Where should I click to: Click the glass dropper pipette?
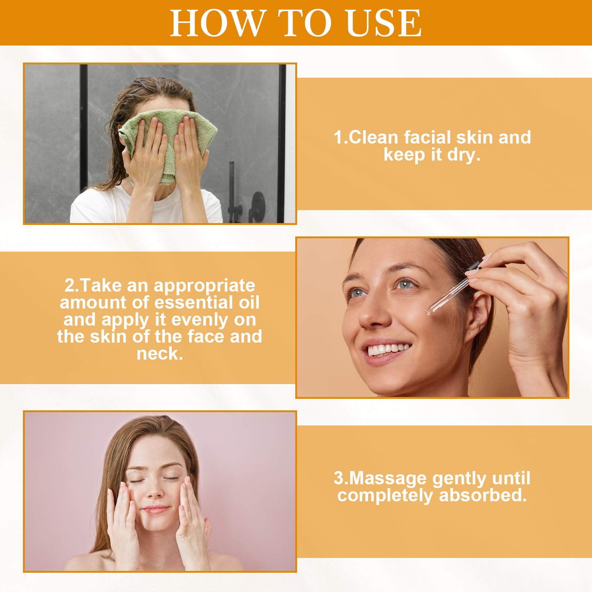(x=453, y=289)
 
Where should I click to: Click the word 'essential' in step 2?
(x=194, y=302)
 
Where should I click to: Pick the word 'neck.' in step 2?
(x=160, y=353)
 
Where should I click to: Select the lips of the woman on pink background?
(x=155, y=509)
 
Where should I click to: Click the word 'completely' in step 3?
(x=385, y=496)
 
